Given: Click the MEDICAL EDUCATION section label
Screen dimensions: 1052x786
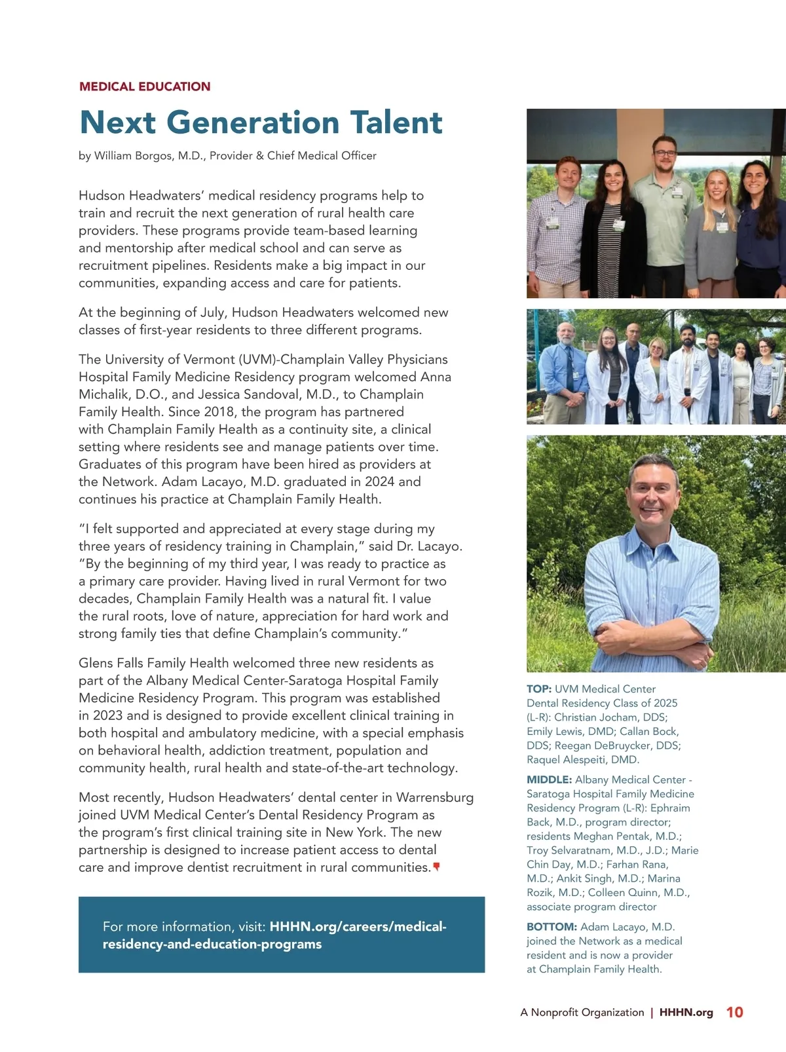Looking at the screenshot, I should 144,86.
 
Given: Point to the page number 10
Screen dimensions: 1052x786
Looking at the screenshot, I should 734,1012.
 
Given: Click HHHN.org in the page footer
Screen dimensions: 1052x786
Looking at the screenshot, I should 686,1012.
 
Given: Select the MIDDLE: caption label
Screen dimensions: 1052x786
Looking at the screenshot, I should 549,780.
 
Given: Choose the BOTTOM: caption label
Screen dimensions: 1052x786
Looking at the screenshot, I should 552,927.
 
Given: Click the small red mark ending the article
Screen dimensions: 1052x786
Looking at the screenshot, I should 436,867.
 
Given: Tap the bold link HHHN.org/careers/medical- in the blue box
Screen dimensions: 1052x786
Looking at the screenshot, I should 358,926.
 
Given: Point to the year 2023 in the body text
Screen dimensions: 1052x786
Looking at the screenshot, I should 107,715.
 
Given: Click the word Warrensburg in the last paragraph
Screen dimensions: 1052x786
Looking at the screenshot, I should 435,797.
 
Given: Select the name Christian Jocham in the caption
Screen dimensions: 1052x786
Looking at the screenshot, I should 595,717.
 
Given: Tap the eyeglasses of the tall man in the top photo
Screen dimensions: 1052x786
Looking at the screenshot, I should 664,154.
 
